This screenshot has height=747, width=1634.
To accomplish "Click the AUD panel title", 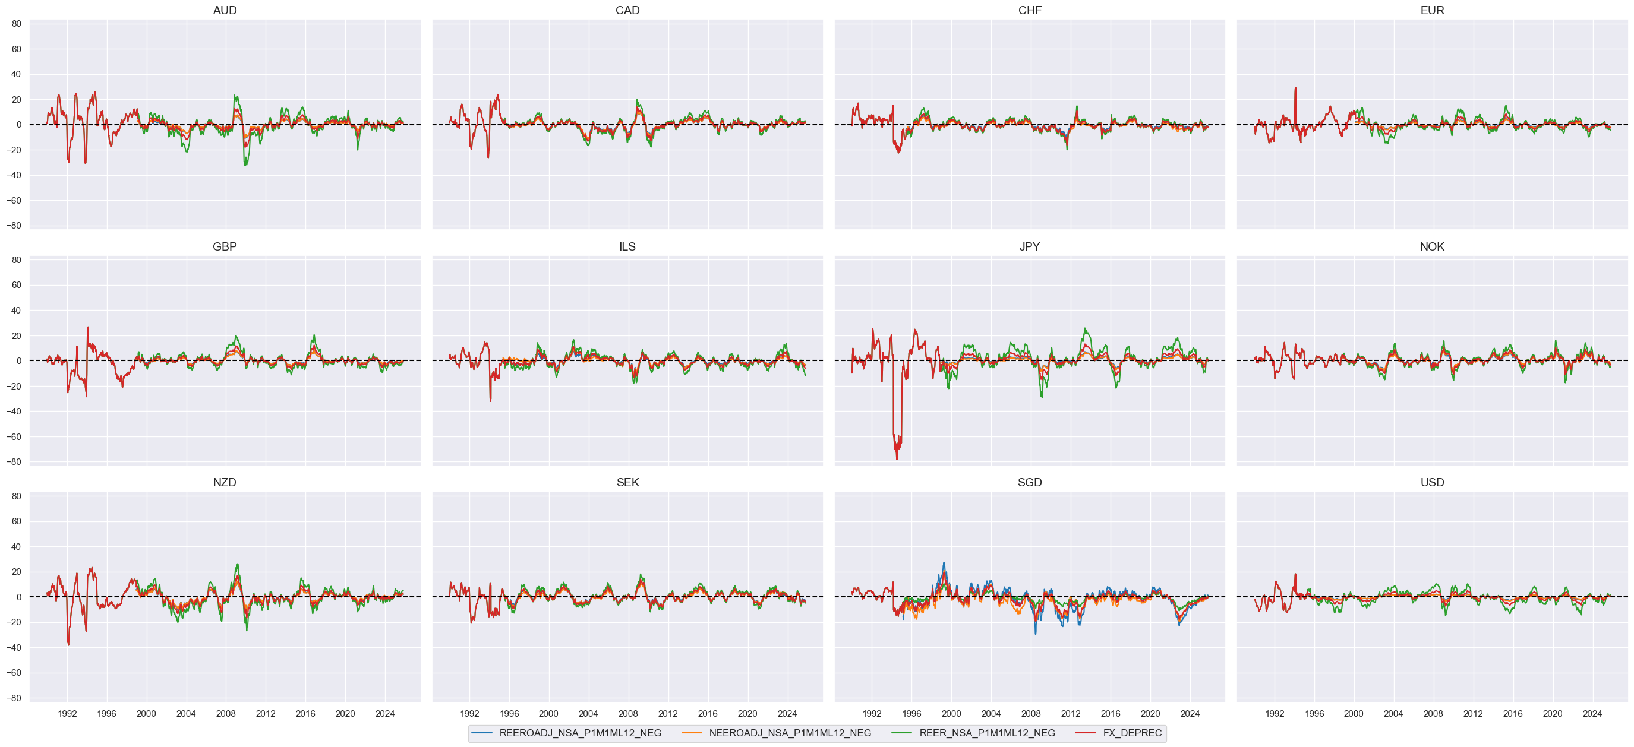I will [225, 10].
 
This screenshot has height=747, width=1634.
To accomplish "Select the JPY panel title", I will [1029, 246].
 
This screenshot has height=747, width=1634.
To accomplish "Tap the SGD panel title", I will [1029, 483].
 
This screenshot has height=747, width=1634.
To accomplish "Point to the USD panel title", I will [1431, 483].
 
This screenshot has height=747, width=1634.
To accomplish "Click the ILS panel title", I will [627, 246].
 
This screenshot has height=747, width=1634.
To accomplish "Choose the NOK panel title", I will [1431, 246].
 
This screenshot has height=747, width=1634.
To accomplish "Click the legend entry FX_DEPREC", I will [1132, 733].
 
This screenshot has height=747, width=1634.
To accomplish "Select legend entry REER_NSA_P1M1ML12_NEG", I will [986, 733].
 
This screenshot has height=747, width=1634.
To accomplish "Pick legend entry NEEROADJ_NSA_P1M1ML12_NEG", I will [789, 733].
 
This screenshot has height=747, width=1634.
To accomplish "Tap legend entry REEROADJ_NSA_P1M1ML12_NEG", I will [579, 733].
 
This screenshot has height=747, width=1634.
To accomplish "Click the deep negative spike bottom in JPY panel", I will [897, 459].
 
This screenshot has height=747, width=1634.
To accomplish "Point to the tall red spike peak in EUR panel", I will [1295, 88].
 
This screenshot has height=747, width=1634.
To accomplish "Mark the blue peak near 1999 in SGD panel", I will [943, 563].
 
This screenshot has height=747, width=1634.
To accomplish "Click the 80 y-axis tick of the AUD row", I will [17, 24].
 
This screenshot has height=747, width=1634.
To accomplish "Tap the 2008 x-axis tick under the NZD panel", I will [226, 713].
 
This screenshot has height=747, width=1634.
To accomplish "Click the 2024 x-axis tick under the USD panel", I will [1592, 713].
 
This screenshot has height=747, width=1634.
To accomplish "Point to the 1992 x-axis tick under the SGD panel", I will [872, 713].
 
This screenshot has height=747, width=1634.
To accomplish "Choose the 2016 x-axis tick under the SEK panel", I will [708, 713].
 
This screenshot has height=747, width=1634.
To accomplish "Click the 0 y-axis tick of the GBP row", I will [18, 361].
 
